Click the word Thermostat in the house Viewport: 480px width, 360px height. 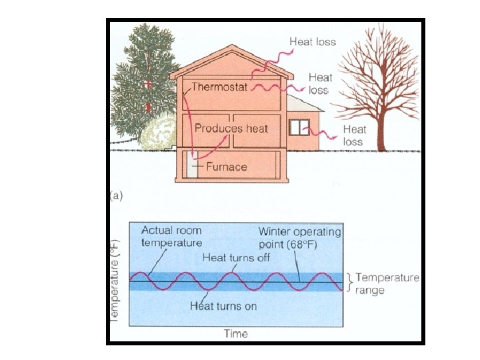click(219, 87)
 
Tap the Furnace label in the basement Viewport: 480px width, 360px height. click(227, 167)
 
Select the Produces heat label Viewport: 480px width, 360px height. click(231, 128)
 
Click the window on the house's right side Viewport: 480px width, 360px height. click(299, 127)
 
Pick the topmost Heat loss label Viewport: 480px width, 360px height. click(313, 41)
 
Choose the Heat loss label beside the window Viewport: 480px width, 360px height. click(354, 135)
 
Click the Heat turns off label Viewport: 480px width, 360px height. click(236, 257)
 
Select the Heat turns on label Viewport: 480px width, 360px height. click(223, 307)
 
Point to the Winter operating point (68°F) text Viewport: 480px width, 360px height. click(300, 237)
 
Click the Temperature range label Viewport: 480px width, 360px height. click(387, 284)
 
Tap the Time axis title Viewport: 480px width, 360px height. click(236, 333)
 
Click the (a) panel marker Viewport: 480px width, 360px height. click(117, 196)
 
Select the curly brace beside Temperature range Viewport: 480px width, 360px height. click(349, 282)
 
